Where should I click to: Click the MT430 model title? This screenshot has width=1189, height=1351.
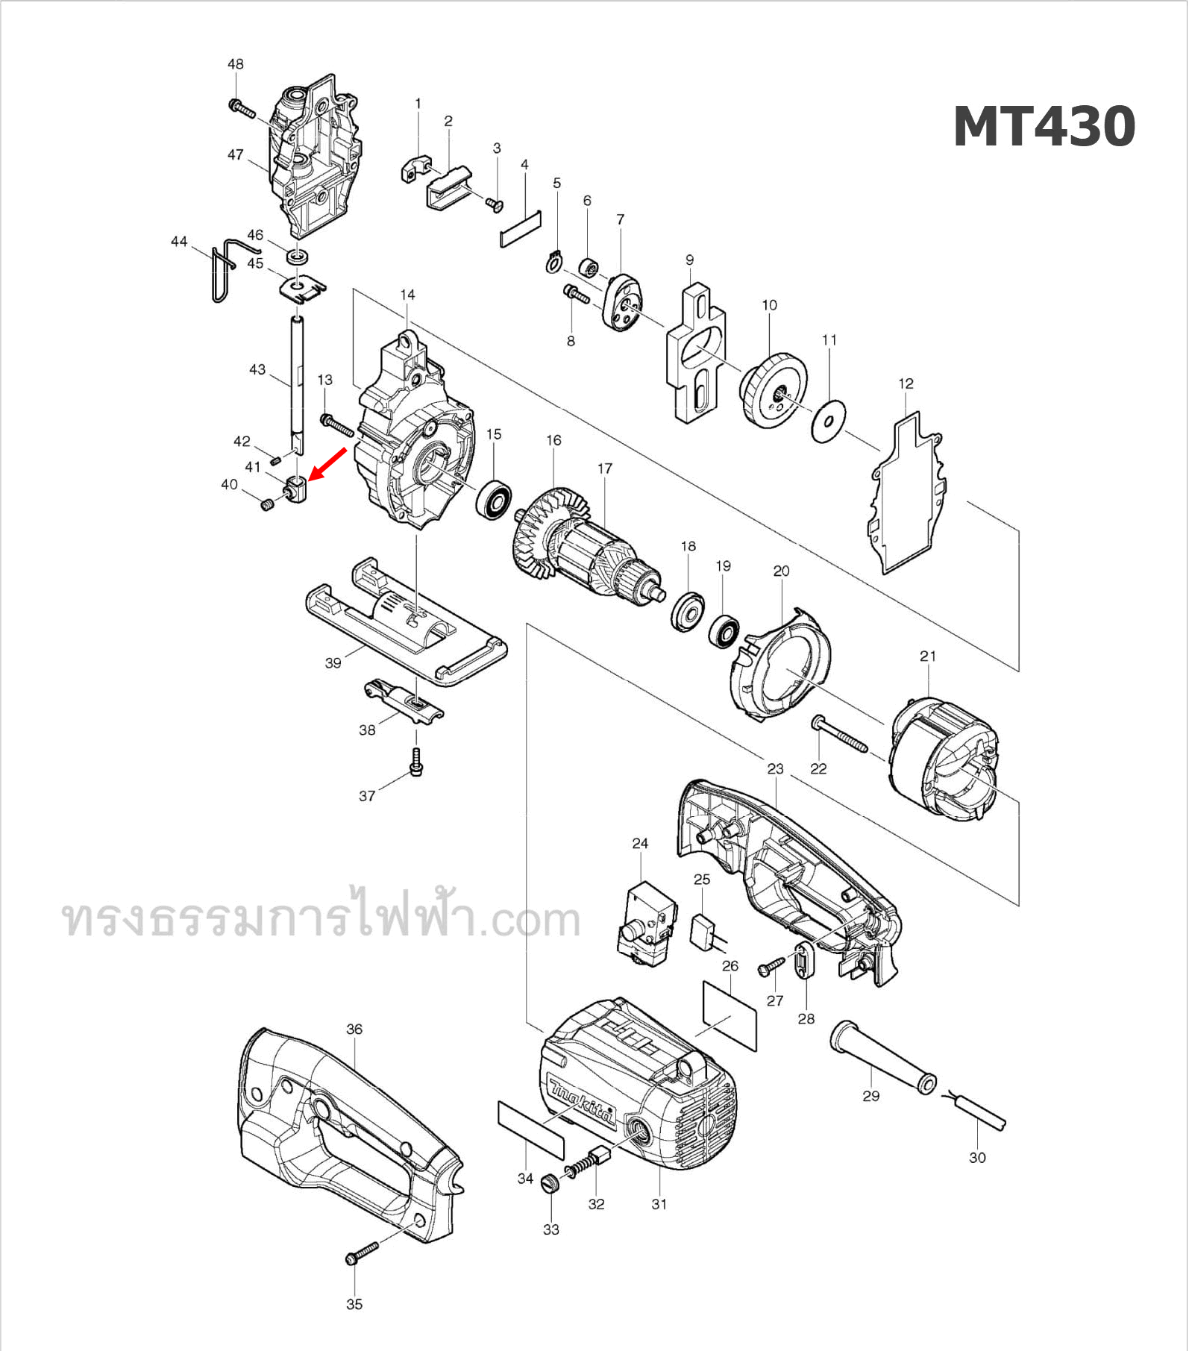pyautogui.click(x=1044, y=127)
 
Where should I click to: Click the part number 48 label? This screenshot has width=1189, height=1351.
pyautogui.click(x=235, y=64)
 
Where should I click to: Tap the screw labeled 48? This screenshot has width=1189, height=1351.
pyautogui.click(x=242, y=109)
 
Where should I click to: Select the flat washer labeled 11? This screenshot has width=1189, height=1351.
pyautogui.click(x=828, y=421)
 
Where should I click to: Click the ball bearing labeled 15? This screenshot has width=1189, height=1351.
pyautogui.click(x=494, y=501)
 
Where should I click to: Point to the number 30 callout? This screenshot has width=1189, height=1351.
pyautogui.click(x=977, y=1158)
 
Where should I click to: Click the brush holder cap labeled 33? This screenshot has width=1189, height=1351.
pyautogui.click(x=550, y=1183)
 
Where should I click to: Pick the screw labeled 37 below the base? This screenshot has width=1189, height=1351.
pyautogui.click(x=416, y=762)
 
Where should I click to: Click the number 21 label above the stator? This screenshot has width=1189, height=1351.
pyautogui.click(x=927, y=656)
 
